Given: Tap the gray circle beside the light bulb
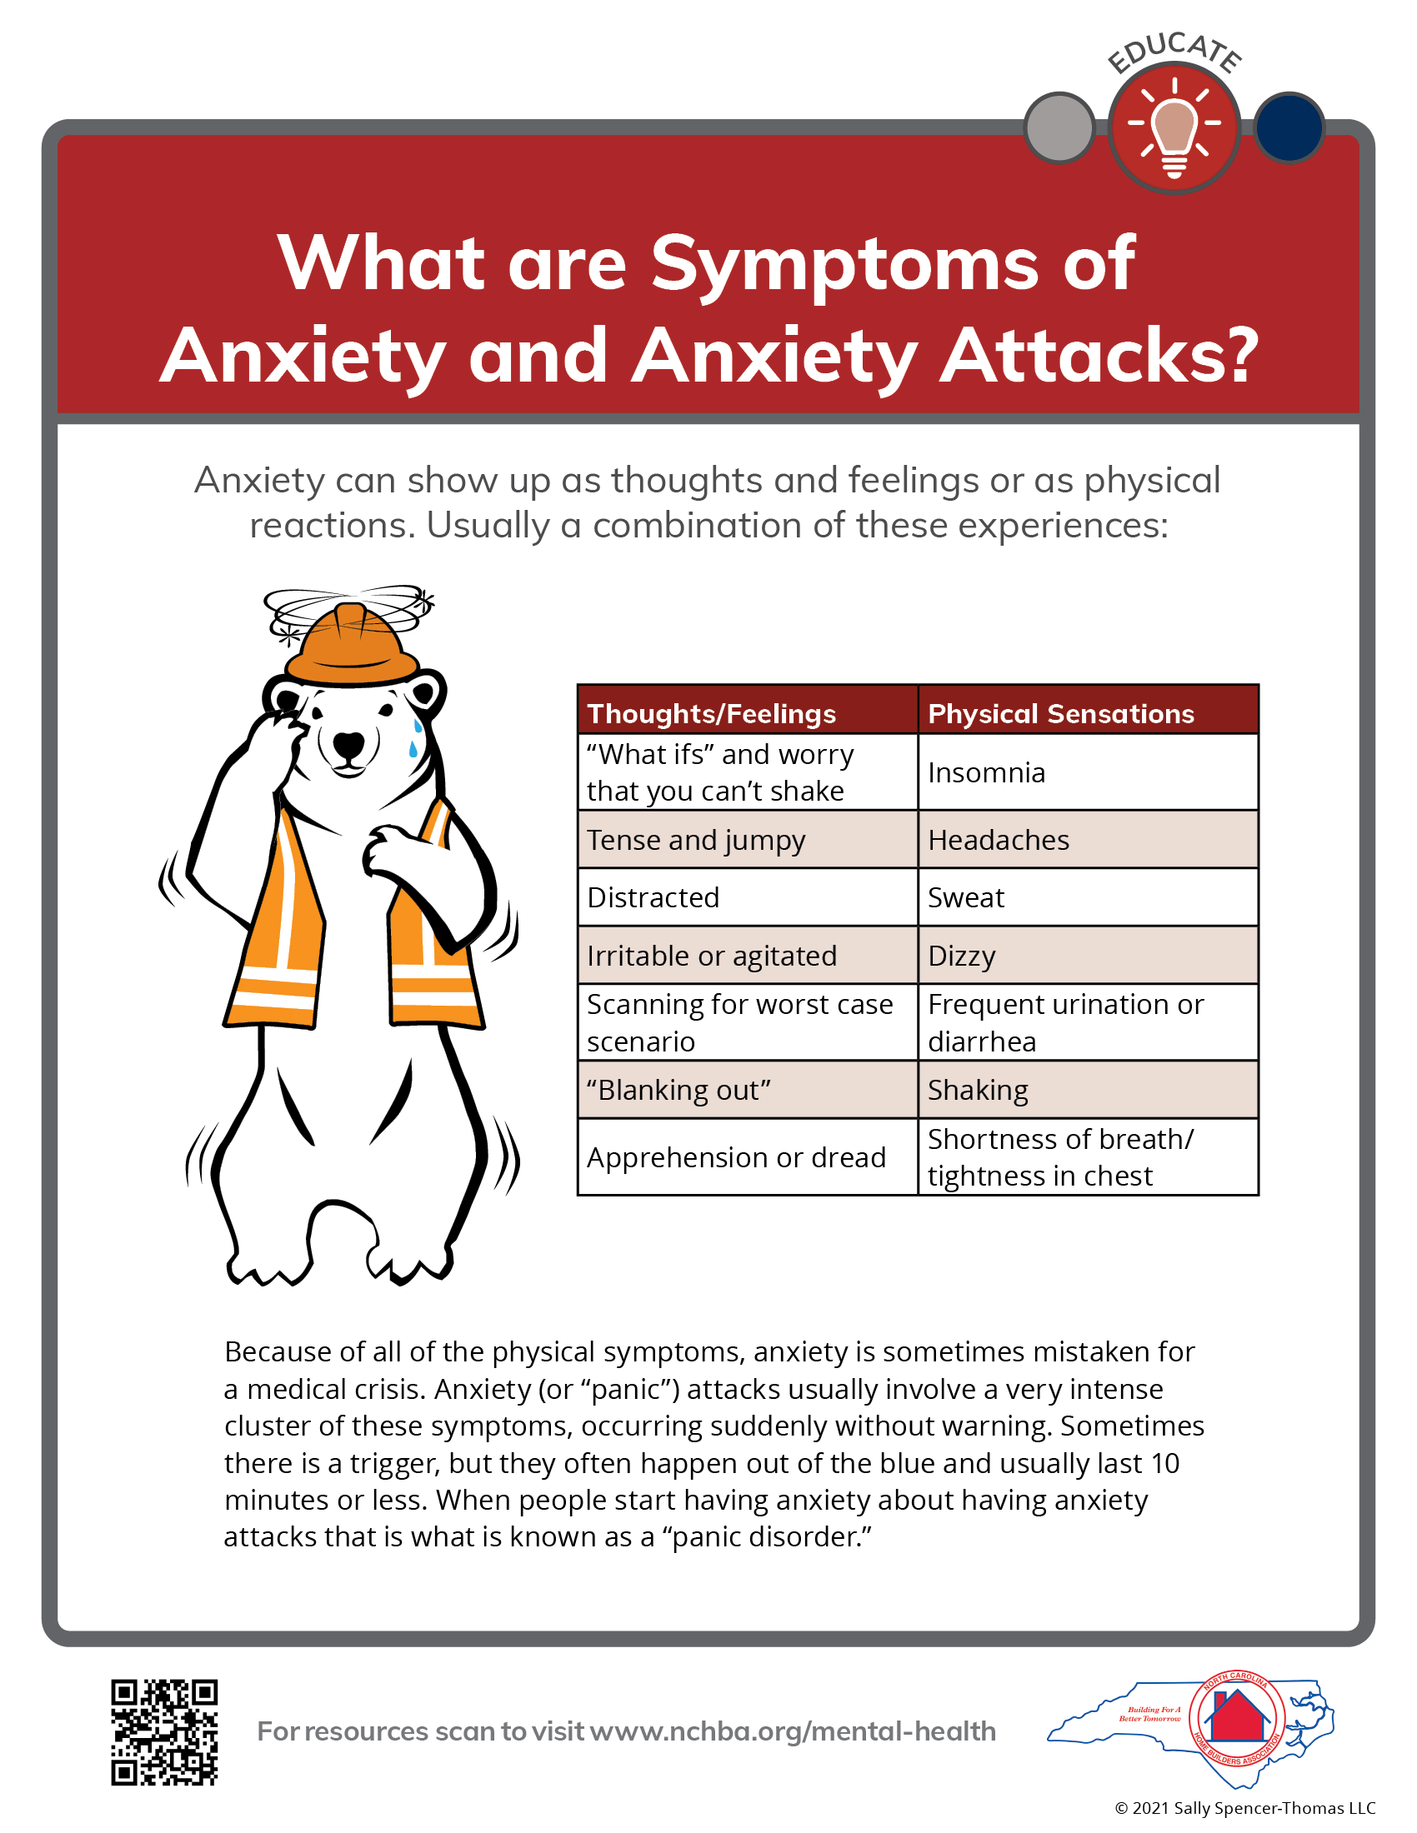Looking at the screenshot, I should pos(1059,127).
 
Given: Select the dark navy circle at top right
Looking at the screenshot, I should pos(1289,127).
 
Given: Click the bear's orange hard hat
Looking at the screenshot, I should pos(351,645).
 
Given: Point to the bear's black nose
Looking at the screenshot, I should pos(348,742).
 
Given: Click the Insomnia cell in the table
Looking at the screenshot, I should pos(1088,772).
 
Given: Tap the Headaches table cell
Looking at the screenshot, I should pos(1088,839).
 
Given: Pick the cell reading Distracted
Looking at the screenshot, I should pos(747,897).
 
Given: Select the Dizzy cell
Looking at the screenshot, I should pos(1088,955).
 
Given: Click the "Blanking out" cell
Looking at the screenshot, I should pos(747,1090).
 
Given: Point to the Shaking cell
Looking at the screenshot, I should pos(1088,1090).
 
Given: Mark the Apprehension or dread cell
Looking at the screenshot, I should pos(747,1156).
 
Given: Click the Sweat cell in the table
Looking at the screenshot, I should pos(1088,897).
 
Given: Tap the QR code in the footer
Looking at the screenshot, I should pos(164,1731).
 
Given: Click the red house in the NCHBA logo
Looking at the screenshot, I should pos(1236,1716).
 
